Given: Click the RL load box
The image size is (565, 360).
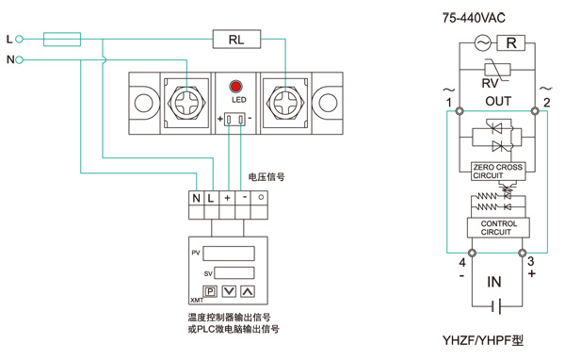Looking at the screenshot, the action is click(236, 39).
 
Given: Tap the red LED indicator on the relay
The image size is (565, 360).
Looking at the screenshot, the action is click(235, 87).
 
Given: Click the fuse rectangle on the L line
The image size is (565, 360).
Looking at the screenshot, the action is click(62, 39).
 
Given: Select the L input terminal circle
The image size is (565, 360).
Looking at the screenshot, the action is click(20, 39).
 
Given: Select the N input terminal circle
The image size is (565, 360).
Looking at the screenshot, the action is click(20, 59).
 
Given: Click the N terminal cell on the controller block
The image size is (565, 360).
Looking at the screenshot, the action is click(197, 198).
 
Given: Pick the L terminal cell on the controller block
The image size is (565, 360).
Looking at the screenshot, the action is click(212, 198).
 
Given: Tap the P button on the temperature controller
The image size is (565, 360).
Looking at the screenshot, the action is click(210, 291).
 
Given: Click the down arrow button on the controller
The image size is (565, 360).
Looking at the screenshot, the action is click(229, 291).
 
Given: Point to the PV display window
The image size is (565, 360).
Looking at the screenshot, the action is click(229, 254).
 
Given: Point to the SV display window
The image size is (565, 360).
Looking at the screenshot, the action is click(234, 272).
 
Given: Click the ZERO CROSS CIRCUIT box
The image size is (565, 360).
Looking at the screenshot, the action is click(498, 172).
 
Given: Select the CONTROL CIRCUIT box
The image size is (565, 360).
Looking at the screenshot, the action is click(498, 228).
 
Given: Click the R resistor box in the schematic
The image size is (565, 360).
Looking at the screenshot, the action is click(511, 43).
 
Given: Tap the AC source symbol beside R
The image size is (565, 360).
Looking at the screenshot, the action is click(482, 43).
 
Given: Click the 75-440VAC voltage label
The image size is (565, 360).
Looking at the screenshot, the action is click(474, 18).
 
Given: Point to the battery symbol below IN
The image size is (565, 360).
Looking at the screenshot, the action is click(496, 306).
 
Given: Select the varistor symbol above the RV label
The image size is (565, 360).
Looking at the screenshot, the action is click(497, 69).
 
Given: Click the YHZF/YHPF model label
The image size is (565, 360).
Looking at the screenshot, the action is click(483, 340).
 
